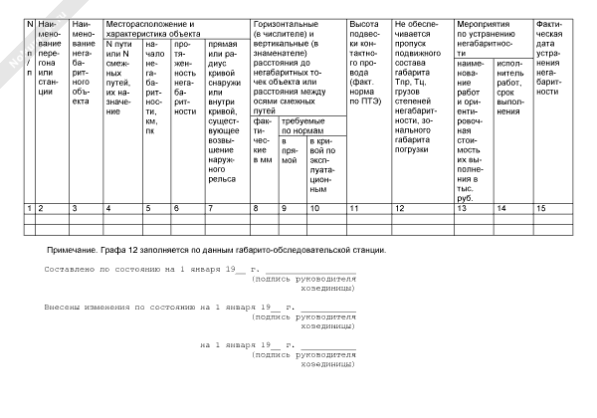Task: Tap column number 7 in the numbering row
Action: [210, 208]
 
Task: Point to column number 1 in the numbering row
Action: [29, 208]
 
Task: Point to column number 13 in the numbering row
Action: [461, 208]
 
